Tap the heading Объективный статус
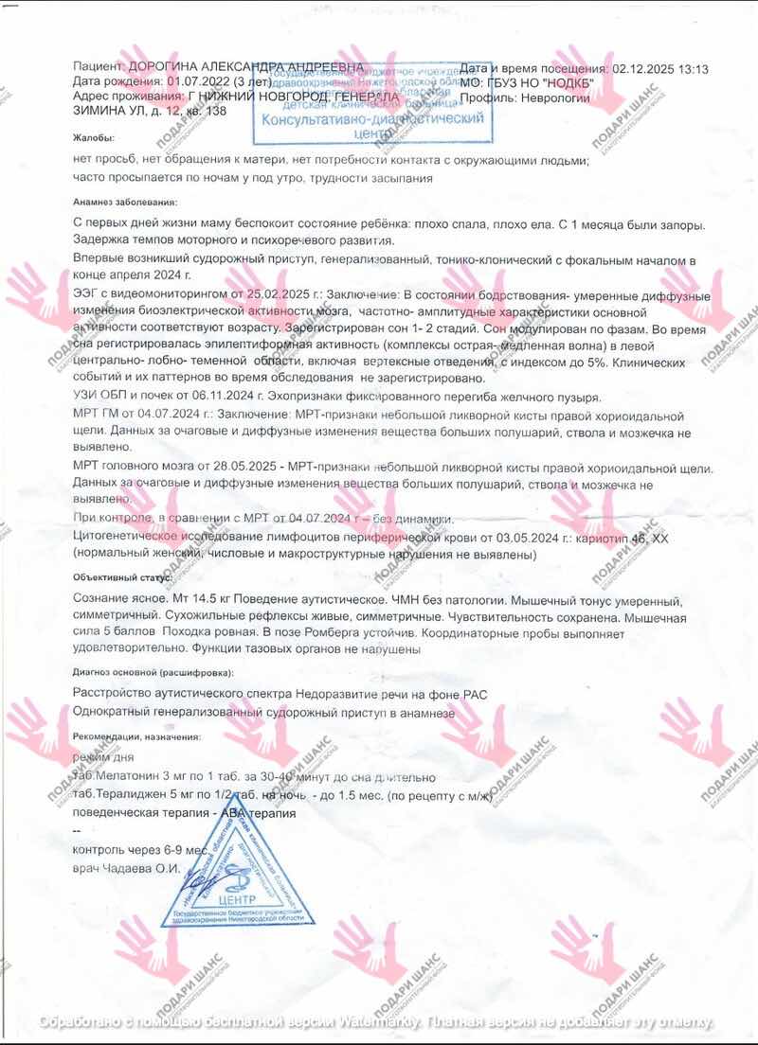(122, 576)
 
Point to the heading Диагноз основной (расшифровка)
(152, 672)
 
